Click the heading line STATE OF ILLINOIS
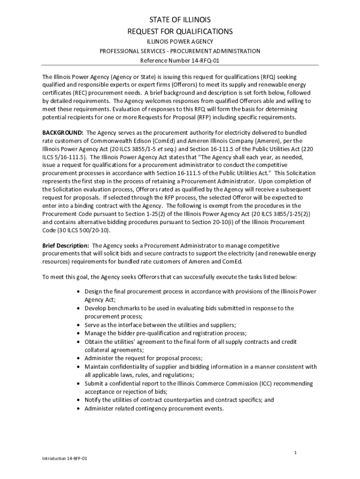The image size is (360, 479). click(180, 20)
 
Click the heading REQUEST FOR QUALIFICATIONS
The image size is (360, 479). click(180, 32)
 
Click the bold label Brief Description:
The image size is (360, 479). click(65, 246)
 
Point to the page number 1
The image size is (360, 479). click(295, 452)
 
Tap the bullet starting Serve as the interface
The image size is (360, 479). click(160, 325)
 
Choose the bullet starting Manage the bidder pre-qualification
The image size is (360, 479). click(166, 333)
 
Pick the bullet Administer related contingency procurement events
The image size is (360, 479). click(154, 408)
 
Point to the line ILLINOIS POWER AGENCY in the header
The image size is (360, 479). click(180, 42)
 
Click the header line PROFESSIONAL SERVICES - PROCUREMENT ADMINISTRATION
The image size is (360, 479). click(180, 51)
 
